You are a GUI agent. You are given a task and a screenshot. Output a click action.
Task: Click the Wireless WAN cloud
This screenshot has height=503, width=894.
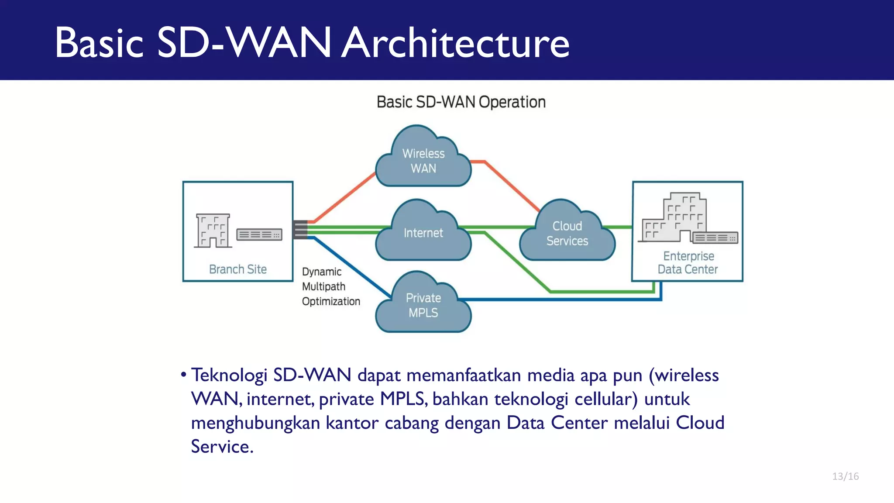(423, 161)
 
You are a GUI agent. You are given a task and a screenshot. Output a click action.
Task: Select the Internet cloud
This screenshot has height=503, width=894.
(423, 233)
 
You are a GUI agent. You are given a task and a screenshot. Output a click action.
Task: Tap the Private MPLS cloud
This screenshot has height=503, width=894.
(423, 305)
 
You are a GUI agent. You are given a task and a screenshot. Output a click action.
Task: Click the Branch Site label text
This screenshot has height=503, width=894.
(238, 269)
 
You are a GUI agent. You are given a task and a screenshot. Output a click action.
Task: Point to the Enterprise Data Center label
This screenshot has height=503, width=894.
(688, 262)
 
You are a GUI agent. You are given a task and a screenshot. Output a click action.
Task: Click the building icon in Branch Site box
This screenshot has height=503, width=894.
(213, 231)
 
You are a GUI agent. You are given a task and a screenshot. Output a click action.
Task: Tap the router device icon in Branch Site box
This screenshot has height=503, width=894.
(259, 234)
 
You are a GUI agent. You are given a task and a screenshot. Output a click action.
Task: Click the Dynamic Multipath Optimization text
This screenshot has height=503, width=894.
(330, 286)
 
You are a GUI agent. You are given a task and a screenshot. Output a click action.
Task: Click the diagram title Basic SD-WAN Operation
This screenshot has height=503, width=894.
(461, 102)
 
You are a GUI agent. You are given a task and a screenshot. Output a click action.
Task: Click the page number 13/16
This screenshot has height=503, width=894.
(845, 476)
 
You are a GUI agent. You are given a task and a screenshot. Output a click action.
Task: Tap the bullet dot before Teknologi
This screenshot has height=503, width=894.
(184, 375)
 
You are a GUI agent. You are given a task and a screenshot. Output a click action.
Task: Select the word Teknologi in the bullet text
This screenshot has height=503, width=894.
(229, 376)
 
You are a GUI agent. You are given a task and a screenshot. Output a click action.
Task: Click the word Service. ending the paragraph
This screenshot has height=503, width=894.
(222, 447)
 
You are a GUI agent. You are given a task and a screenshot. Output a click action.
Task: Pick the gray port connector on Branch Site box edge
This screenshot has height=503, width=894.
(300, 230)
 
